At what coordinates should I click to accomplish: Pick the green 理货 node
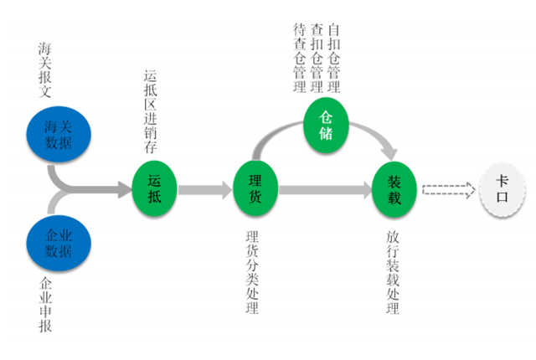coord(255,187)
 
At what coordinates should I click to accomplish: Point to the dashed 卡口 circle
coord(502,188)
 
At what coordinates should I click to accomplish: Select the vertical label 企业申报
coord(46,306)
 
